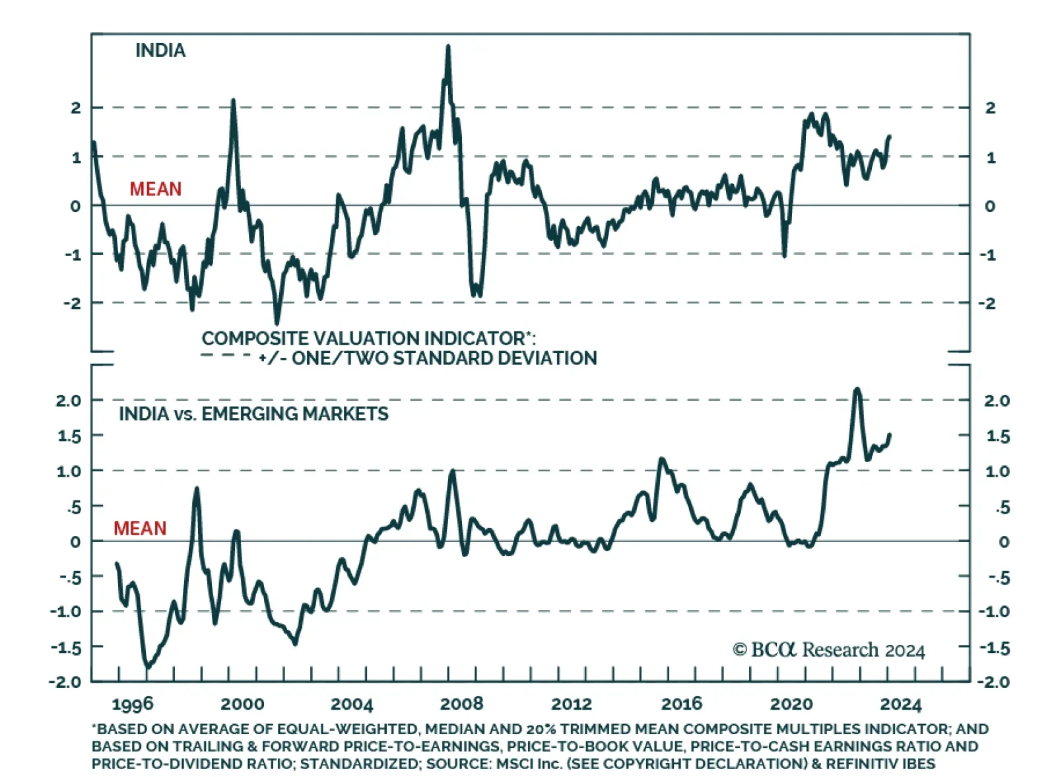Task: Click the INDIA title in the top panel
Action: point(160,50)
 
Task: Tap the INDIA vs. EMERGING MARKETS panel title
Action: point(253,414)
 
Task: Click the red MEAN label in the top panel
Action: point(155,189)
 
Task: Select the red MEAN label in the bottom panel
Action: point(139,528)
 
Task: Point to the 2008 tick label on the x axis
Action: point(461,704)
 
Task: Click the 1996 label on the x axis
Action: point(133,704)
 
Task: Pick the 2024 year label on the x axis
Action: point(900,704)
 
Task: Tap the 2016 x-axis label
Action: point(681,704)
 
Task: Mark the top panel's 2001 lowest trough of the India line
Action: point(277,322)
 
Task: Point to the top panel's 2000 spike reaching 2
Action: point(233,101)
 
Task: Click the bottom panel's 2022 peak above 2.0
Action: point(857,389)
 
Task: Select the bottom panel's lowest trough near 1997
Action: point(147,667)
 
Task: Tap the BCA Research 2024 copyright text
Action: point(828,650)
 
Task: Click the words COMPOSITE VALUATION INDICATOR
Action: point(363,339)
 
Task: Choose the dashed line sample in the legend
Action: point(225,356)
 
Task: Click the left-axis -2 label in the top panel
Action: point(72,304)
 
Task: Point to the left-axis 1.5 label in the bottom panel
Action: point(68,436)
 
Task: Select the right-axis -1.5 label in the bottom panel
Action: point(994,648)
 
